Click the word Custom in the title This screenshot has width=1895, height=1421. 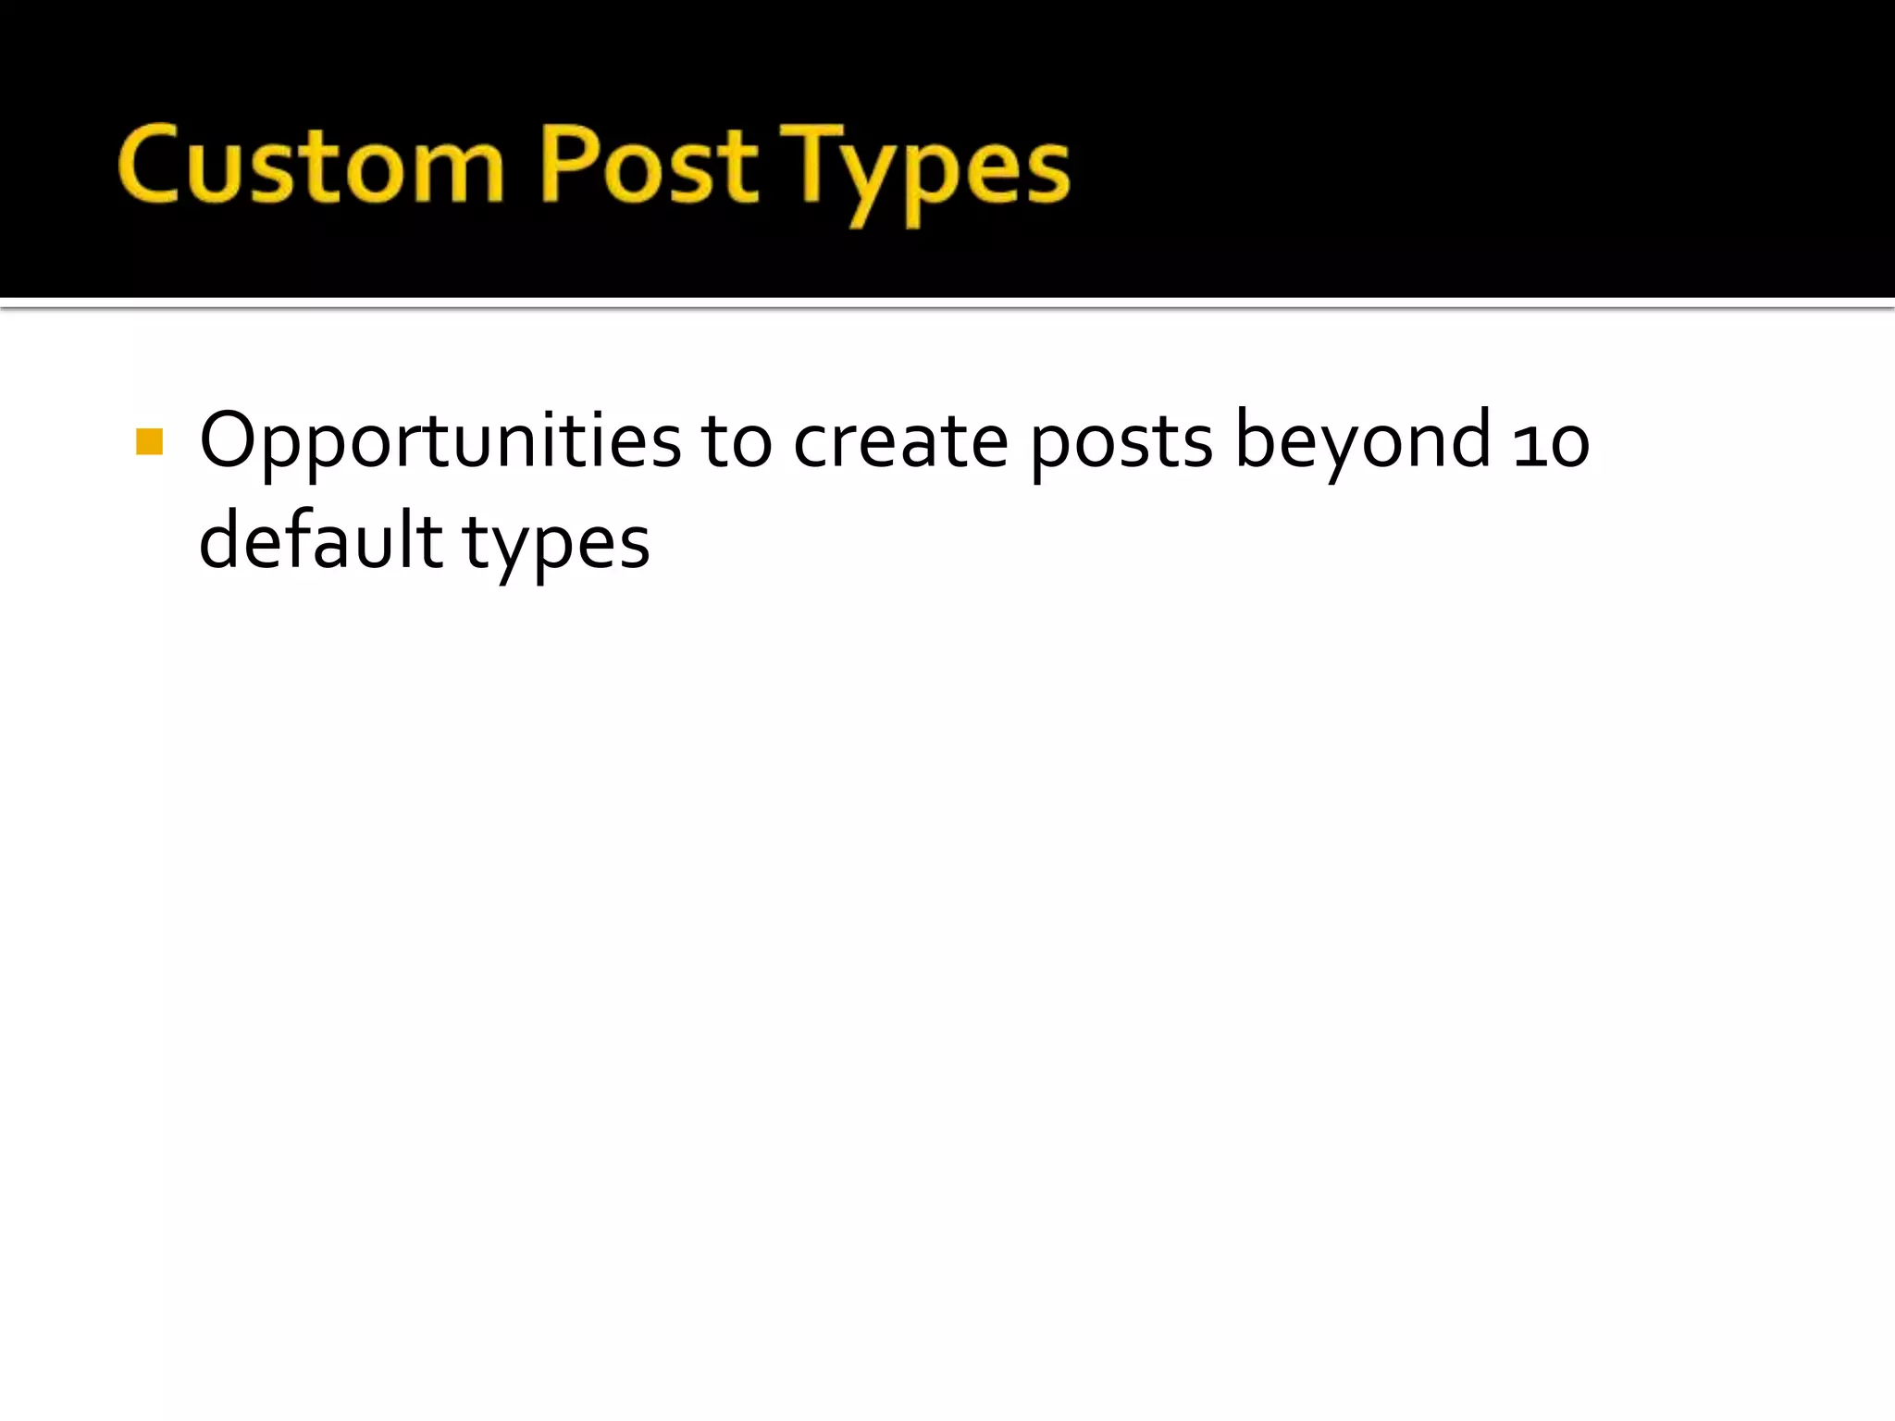(311, 167)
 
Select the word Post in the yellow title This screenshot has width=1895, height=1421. (648, 167)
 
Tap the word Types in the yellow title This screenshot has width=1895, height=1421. (925, 171)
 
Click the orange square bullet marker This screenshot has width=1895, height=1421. (149, 442)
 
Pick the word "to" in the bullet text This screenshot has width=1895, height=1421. (736, 442)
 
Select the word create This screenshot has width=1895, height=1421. (900, 442)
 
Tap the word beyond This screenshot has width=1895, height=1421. (1362, 442)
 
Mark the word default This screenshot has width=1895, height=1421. (320, 540)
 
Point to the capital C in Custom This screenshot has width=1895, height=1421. (150, 165)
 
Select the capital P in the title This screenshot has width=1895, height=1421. (567, 164)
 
